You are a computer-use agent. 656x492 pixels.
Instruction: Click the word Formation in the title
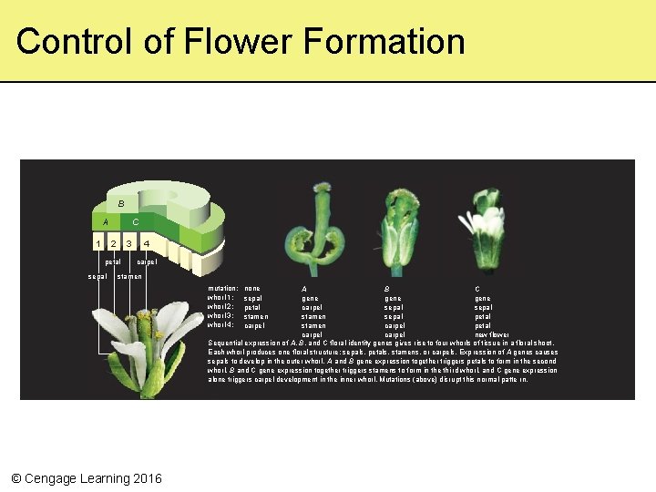pos(386,41)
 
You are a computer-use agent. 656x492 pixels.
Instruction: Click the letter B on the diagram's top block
pos(120,203)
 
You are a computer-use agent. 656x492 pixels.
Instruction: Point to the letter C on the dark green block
pos(136,221)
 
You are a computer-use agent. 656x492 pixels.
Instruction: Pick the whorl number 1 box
pos(98,243)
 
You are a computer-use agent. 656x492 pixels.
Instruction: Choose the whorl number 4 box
pos(147,243)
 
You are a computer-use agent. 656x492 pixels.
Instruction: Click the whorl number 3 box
pos(130,243)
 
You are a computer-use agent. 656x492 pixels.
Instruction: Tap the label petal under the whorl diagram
pos(114,262)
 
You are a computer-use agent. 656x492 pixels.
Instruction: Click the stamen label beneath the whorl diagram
pos(128,276)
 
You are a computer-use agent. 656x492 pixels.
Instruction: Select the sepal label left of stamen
pos(97,276)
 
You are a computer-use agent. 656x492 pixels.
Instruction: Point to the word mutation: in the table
pos(223,289)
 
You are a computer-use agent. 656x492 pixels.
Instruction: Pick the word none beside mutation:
pos(252,289)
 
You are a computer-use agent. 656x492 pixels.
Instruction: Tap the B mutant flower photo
pos(397,232)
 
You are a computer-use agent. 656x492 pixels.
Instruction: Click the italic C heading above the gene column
pos(477,289)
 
